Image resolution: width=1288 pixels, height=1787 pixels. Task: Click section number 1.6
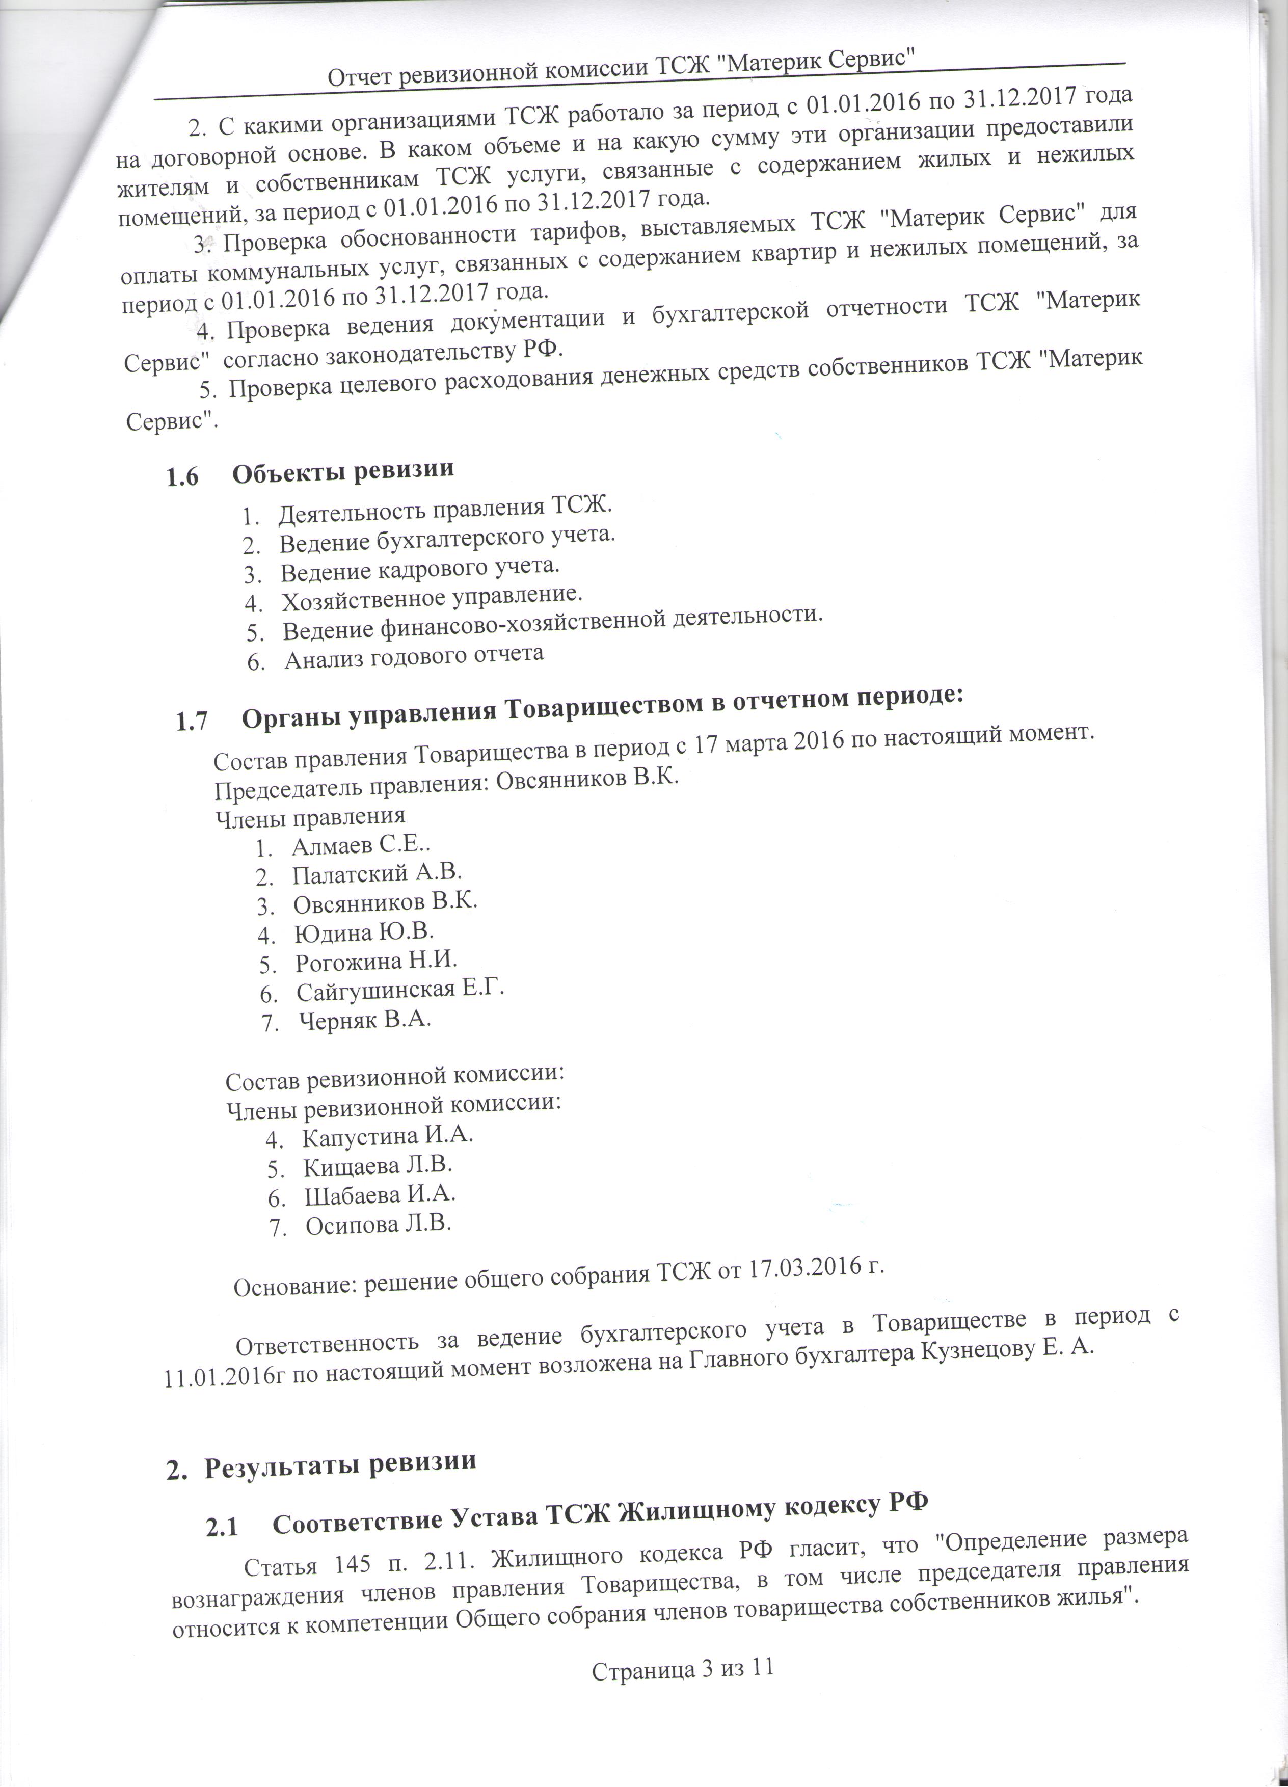tap(181, 477)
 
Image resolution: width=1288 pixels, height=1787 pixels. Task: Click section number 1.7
tap(192, 720)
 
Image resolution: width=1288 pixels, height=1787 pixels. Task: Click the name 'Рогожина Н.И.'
tap(377, 961)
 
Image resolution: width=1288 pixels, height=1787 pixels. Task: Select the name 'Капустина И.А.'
tap(388, 1136)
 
